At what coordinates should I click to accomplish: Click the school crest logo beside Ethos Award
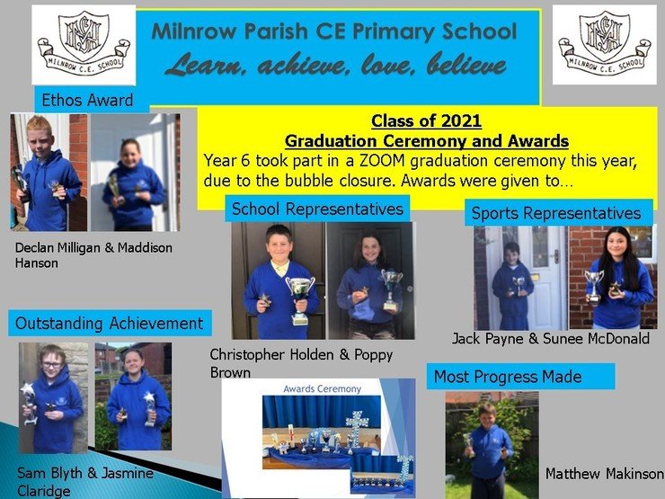84,45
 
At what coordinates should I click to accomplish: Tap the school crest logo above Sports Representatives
605,45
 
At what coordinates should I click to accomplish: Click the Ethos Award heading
87,100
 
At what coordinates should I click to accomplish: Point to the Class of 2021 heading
426,121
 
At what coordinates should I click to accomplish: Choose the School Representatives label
317,209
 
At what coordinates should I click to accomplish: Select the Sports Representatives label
556,213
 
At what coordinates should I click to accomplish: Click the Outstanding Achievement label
109,324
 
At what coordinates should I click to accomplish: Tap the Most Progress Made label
508,377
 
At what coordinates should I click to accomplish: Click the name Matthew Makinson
605,474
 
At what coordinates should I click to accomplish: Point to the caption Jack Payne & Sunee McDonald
551,339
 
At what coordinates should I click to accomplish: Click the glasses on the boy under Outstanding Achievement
52,364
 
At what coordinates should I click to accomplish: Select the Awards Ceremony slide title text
323,388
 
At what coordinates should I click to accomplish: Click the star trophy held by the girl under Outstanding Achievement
150,409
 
